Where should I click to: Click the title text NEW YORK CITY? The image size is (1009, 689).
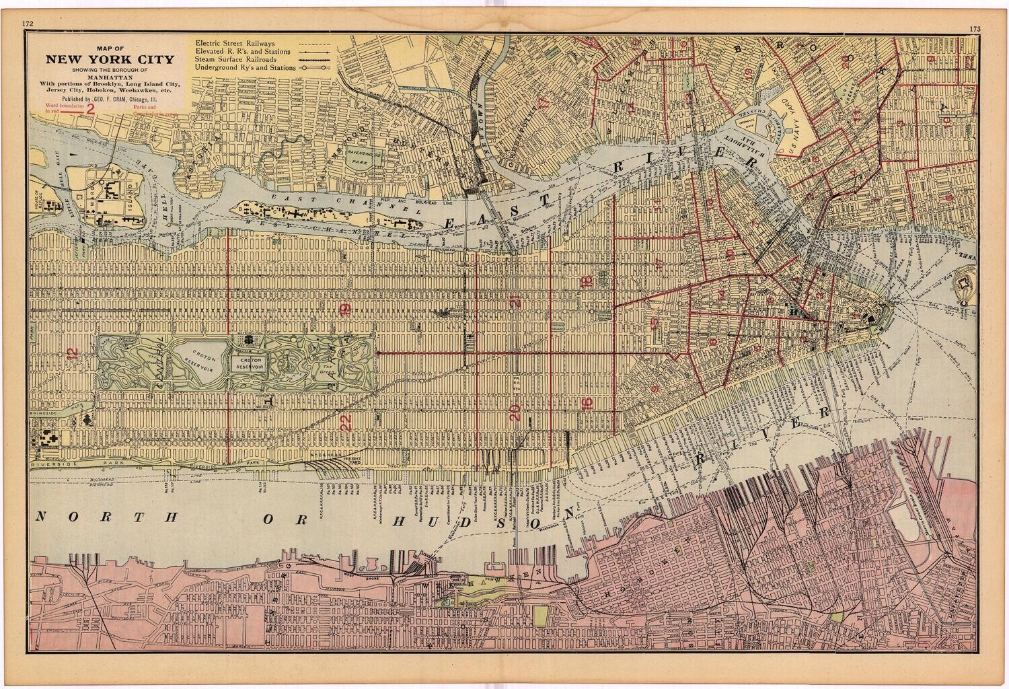click(109, 59)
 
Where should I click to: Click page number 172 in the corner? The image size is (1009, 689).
click(28, 24)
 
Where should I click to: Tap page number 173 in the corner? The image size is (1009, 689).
click(976, 28)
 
